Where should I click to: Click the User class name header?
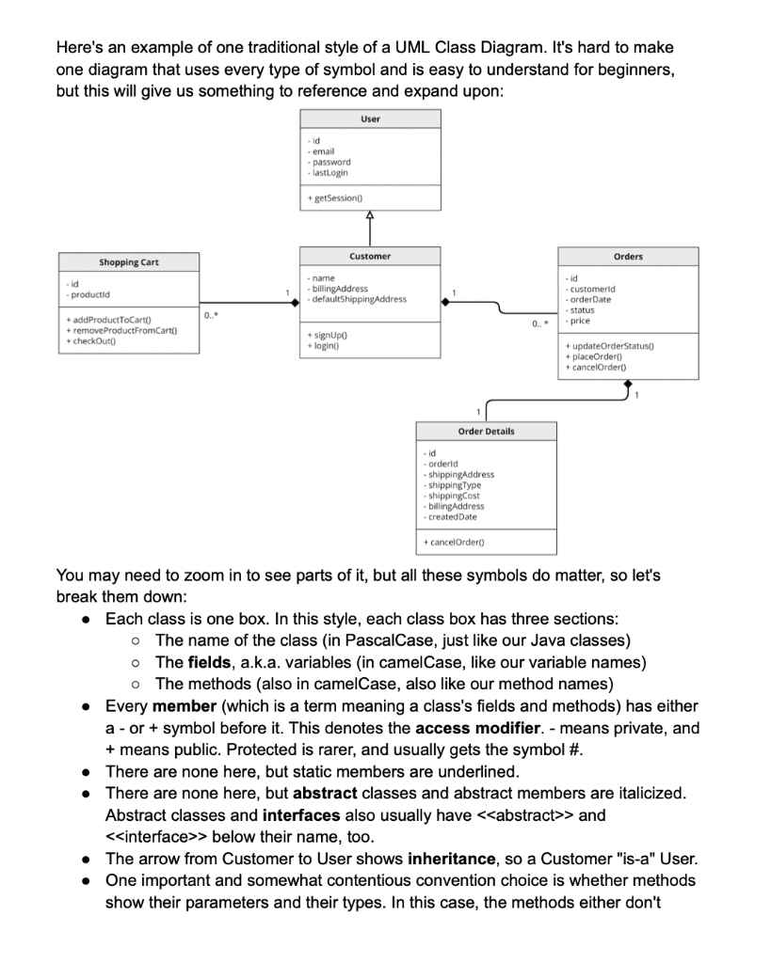coord(370,119)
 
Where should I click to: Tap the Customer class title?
coord(370,256)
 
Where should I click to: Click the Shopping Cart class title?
coord(129,262)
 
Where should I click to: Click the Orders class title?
coord(628,256)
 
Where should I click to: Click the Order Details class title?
coord(486,431)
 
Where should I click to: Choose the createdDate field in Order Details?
coord(452,516)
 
